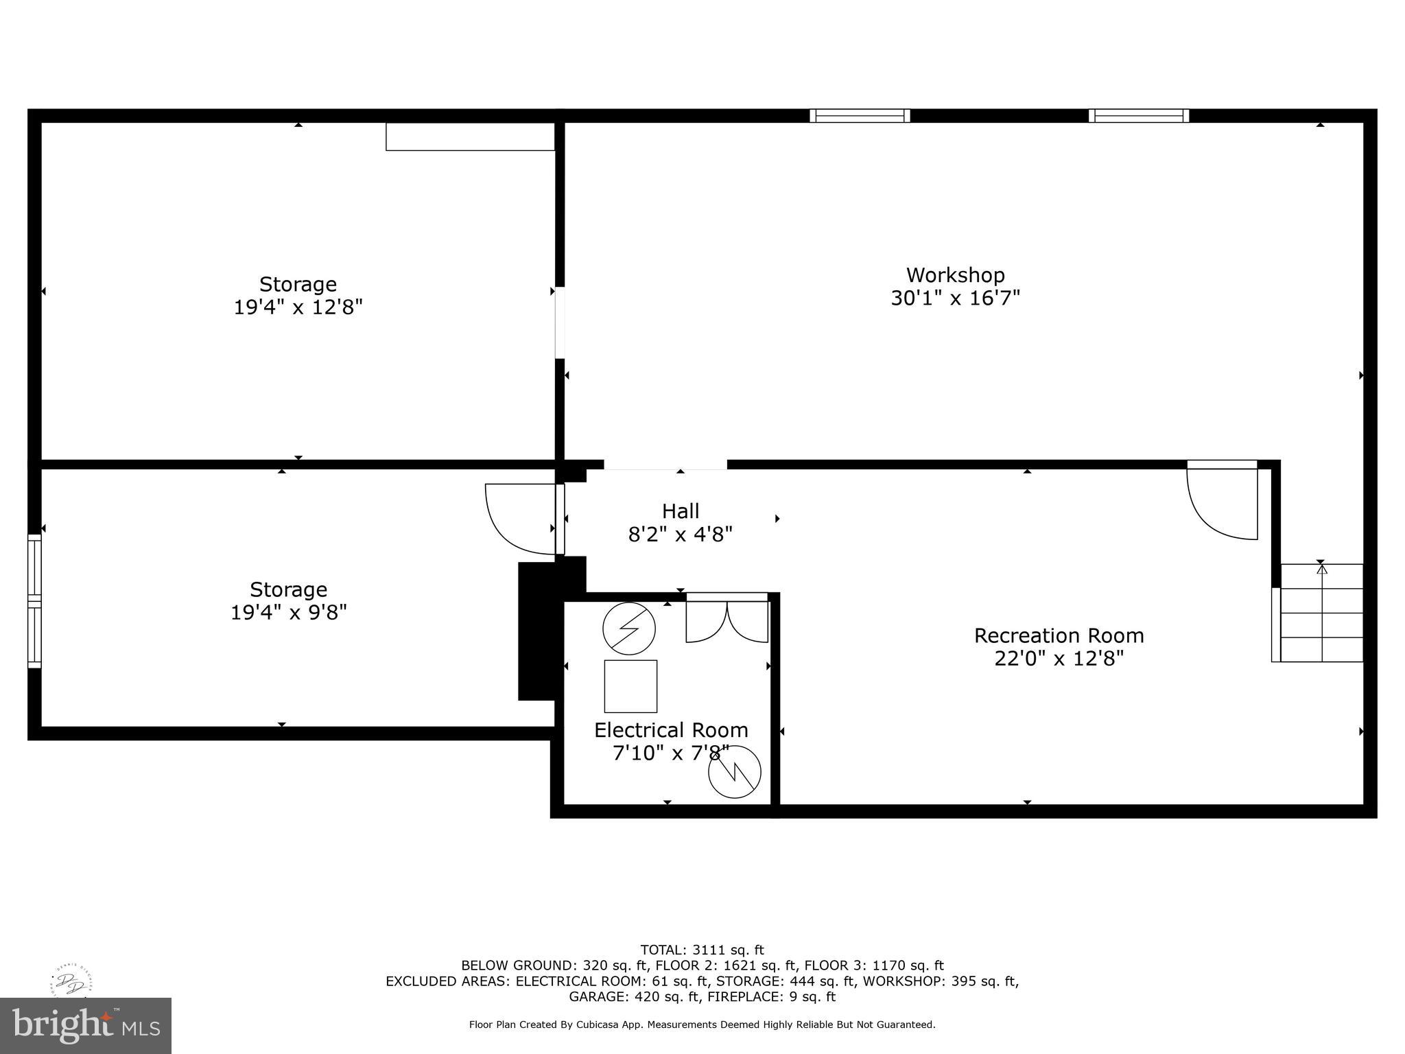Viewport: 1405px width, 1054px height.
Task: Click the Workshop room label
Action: pos(955,275)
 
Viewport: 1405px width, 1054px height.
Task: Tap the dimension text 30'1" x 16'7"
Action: pos(955,298)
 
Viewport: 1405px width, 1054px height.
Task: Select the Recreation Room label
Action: pos(1059,635)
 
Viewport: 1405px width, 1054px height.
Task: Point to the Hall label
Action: pos(681,511)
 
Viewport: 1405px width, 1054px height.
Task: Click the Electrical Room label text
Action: pos(671,729)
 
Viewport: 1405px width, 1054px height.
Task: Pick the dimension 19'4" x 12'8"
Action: pos(298,307)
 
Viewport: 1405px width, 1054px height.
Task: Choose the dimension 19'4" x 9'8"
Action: pos(288,612)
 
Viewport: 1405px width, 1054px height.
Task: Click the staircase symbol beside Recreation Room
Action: pos(1321,613)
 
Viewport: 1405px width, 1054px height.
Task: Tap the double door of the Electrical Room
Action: pos(727,620)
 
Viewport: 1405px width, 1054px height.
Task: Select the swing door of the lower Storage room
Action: pos(521,518)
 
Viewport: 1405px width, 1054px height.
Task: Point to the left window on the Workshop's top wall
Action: pos(860,115)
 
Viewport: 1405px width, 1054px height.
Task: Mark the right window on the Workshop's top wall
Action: pos(1139,115)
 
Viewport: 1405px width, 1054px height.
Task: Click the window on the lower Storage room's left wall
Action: pos(34,600)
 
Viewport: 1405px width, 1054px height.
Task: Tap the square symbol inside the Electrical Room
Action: pos(630,686)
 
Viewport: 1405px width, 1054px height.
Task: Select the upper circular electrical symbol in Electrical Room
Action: pos(629,629)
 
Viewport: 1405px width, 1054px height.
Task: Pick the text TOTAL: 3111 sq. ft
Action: pos(702,950)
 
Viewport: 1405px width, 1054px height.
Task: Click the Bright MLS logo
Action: pos(86,1026)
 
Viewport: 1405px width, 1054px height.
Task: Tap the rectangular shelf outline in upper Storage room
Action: pos(470,137)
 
